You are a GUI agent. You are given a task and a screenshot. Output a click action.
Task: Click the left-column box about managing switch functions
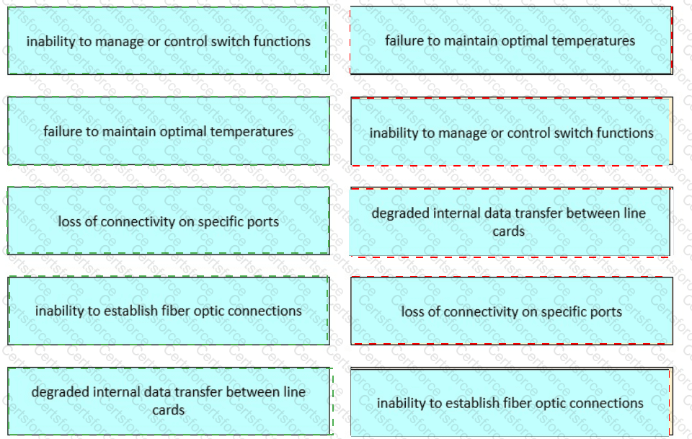(x=168, y=41)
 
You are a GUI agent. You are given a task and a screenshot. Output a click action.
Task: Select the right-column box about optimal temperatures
(x=510, y=41)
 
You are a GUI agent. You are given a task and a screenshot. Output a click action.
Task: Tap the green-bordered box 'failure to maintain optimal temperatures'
(x=168, y=131)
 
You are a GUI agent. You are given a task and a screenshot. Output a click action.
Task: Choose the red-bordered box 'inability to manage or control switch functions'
(x=511, y=133)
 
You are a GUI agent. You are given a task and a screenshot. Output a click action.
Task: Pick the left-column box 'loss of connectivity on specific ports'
(x=168, y=221)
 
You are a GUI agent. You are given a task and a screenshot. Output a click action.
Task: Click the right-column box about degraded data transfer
(x=509, y=222)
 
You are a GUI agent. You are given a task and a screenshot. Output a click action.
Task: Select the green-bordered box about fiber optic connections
(x=168, y=311)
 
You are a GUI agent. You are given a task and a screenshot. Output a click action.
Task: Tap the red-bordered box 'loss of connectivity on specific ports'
(x=511, y=311)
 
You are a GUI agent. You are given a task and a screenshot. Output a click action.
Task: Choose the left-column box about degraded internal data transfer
(x=168, y=401)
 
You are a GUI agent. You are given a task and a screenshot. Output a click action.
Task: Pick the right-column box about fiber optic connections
(x=510, y=403)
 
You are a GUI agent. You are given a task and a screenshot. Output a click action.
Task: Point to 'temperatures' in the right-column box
(x=598, y=40)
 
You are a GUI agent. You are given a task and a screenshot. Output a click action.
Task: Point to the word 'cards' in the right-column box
(x=509, y=231)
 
